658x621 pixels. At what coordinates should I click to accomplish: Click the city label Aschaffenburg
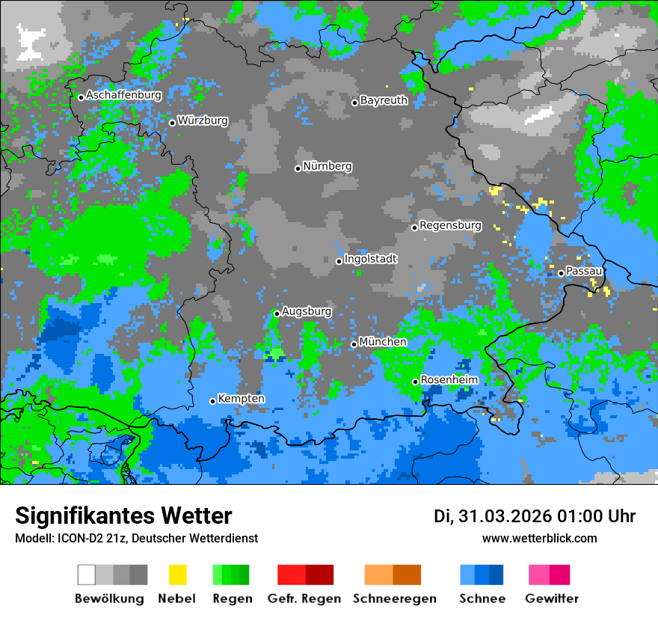[123, 95]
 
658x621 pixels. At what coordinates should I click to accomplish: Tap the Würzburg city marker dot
[172, 123]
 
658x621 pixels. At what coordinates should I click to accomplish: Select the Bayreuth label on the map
[384, 100]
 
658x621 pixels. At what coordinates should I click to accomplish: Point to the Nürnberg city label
[327, 166]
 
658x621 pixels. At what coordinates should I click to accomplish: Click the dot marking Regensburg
[414, 227]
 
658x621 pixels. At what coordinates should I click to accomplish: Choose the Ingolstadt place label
[370, 259]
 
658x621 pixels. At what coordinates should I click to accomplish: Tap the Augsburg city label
[306, 311]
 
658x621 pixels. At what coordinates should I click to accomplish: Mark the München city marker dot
[354, 345]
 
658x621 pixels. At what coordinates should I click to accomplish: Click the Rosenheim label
[449, 380]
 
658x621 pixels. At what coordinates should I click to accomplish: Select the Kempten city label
[241, 399]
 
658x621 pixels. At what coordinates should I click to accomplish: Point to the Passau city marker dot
[561, 273]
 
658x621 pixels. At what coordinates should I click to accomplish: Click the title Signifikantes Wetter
[123, 516]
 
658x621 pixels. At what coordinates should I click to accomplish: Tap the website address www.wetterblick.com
[540, 539]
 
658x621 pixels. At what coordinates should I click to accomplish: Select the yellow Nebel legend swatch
[177, 575]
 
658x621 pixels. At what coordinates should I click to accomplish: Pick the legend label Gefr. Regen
[304, 599]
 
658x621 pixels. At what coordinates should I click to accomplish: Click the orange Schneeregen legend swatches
[393, 575]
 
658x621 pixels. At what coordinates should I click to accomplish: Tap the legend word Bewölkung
[109, 599]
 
